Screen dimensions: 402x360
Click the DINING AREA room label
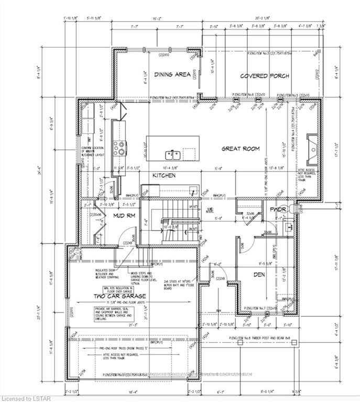tap(172, 75)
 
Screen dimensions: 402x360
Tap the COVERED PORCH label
tap(265, 76)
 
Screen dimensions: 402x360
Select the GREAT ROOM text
tap(241, 149)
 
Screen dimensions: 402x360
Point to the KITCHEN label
tap(164, 175)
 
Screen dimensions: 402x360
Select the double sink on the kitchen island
tap(173, 155)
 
